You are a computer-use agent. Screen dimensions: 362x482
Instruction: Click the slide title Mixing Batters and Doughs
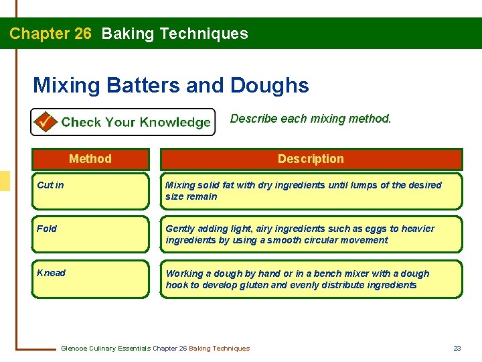[171, 85]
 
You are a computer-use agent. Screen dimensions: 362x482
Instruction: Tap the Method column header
[90, 159]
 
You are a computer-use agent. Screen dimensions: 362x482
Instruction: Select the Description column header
[311, 159]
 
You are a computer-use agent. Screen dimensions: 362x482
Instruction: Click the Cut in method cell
[90, 191]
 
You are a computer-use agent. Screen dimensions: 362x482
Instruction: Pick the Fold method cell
[90, 234]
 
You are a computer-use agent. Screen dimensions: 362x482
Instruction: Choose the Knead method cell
[90, 278]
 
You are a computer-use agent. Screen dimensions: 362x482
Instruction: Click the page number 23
[457, 348]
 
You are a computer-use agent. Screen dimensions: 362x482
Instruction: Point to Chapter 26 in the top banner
[50, 34]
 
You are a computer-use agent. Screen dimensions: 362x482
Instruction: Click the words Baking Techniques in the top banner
[175, 34]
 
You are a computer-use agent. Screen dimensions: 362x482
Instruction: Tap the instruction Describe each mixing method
[311, 119]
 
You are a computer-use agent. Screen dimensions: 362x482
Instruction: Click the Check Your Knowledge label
[136, 122]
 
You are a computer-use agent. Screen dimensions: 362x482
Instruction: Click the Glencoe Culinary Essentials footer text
[155, 348]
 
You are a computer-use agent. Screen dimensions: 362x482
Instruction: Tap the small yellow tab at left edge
[5, 181]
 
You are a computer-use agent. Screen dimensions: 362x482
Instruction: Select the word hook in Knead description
[176, 285]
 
